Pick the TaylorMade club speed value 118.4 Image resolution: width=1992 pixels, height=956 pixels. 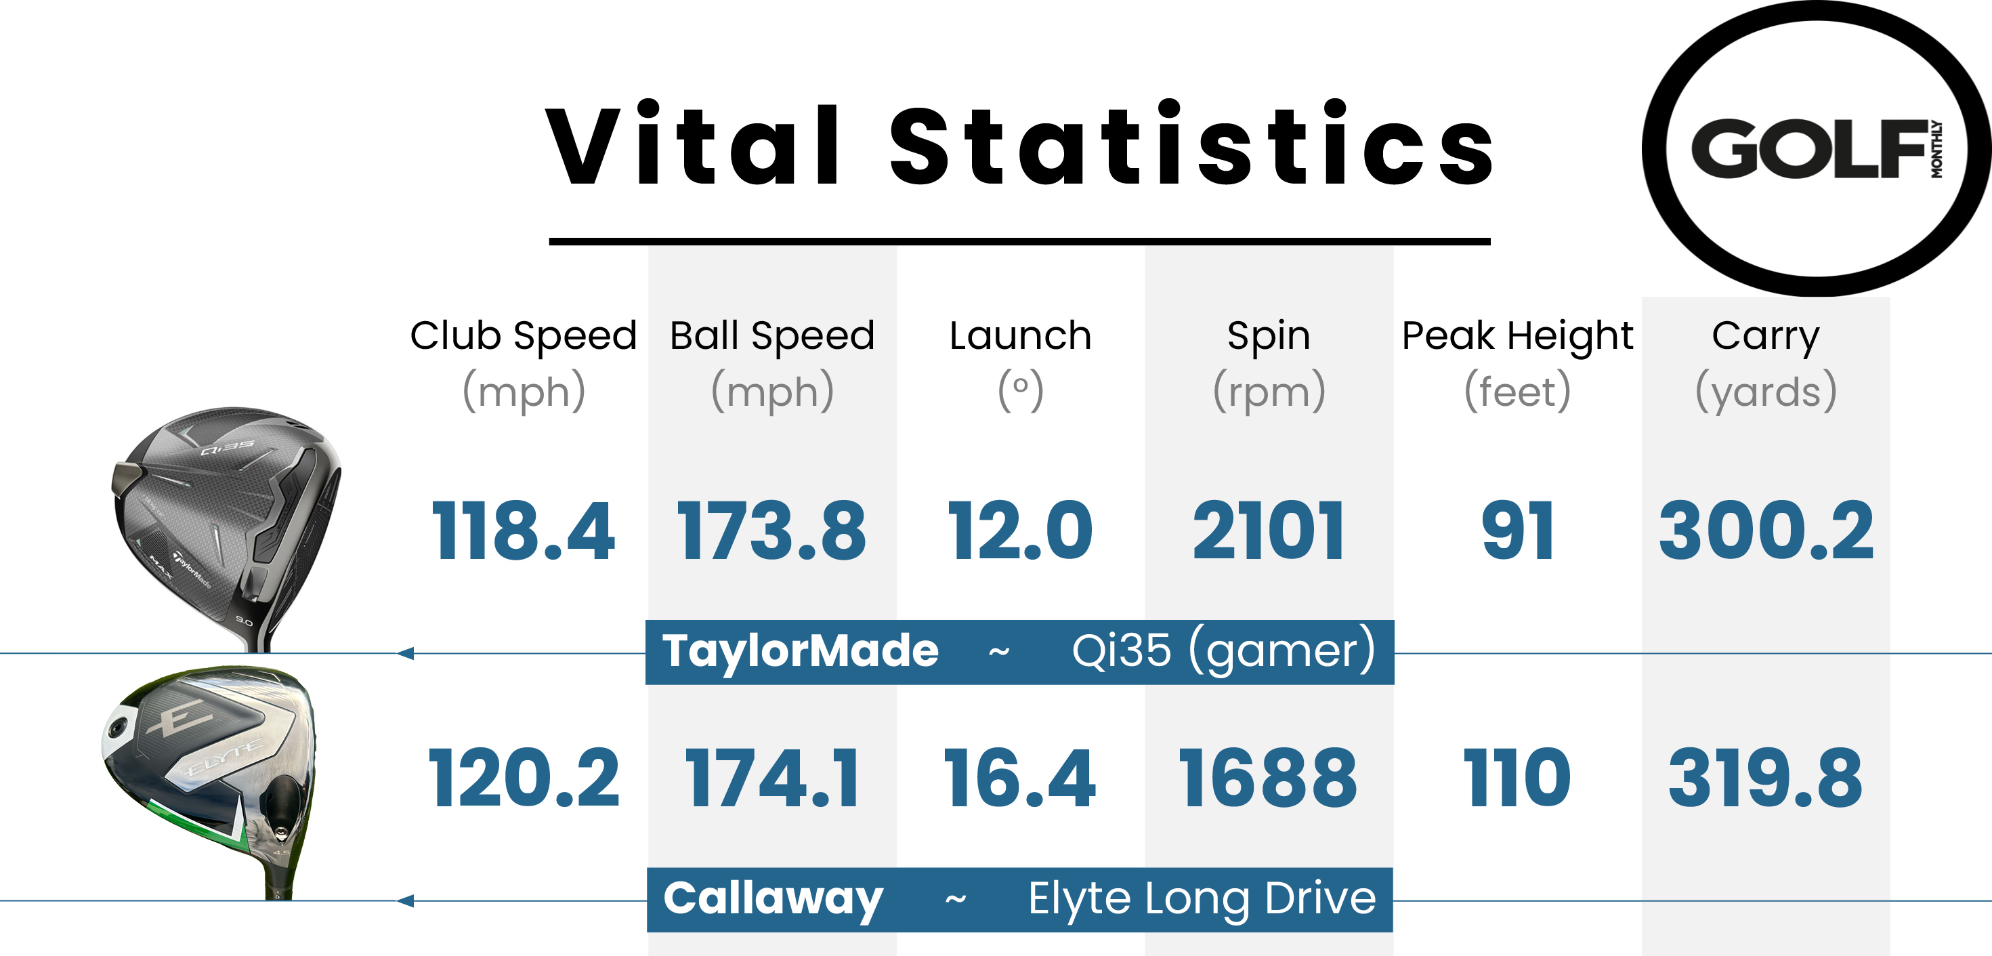pos(524,531)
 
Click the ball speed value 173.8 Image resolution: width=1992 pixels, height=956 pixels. pos(771,531)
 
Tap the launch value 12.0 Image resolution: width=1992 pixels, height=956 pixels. pos(1020,531)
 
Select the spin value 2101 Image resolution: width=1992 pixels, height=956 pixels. pos(1268,531)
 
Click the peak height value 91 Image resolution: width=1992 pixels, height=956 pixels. pos(1517,531)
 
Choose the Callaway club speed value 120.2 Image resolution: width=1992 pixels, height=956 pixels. pos(524,778)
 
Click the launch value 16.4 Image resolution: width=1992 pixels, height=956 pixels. pos(1020,778)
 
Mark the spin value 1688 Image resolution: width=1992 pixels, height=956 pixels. pos(1268,778)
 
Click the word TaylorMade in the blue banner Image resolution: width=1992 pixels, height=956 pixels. pos(801,651)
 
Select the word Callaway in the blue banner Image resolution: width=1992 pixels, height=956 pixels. pos(774,899)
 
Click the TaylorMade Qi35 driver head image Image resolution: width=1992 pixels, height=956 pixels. pos(228,518)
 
